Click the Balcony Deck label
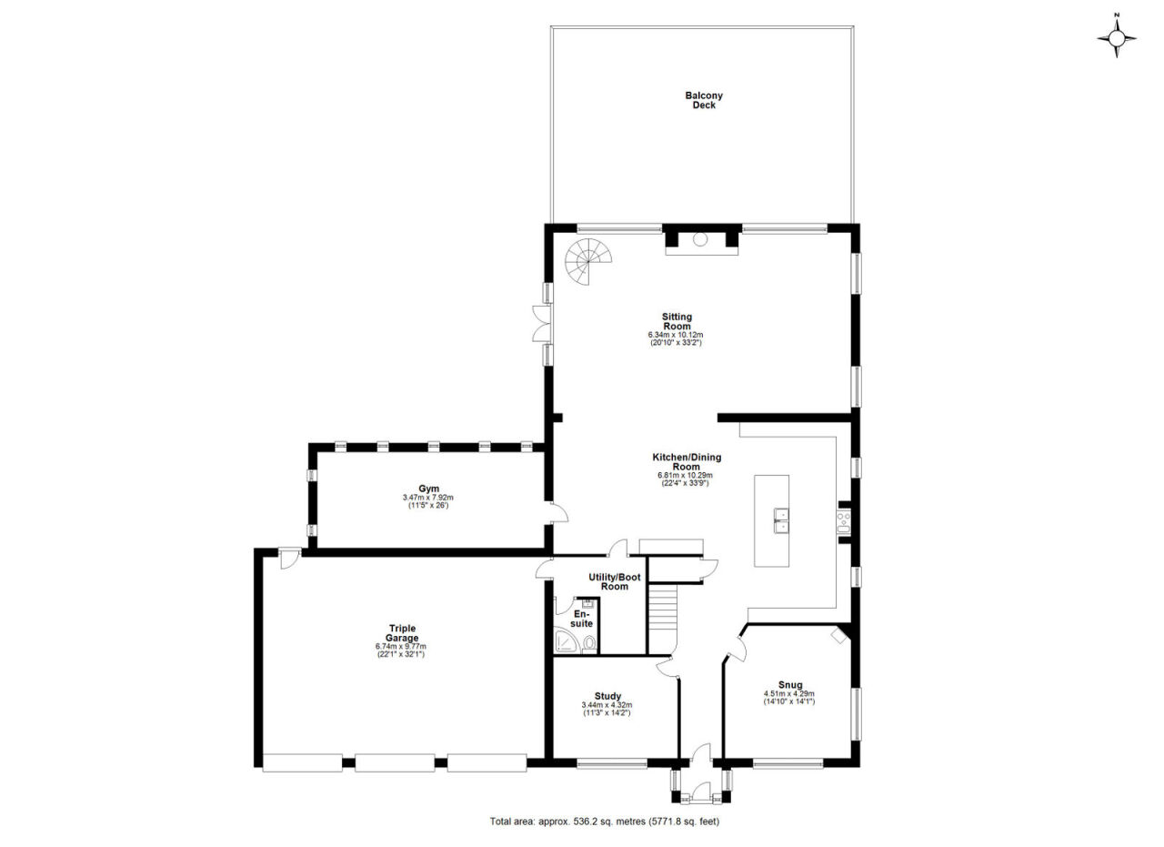coord(704,100)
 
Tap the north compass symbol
coord(1116,38)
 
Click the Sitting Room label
coord(677,321)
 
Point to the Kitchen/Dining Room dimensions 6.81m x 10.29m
coord(685,475)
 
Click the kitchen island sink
coord(781,520)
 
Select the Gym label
coord(428,489)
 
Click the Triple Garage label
coord(402,633)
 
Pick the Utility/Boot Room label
coord(615,582)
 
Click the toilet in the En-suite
coord(589,645)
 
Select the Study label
coord(608,696)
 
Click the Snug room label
coord(790,685)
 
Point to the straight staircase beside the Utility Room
coord(663,619)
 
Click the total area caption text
coord(605,822)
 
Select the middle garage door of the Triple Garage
coord(395,762)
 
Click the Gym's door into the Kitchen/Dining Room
coord(558,513)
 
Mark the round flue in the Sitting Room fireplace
coord(700,239)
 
